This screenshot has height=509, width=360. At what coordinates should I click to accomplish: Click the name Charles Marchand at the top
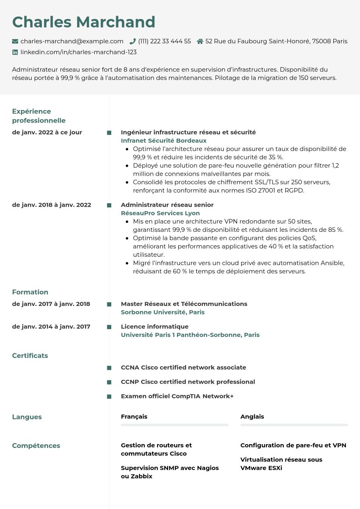click(x=83, y=22)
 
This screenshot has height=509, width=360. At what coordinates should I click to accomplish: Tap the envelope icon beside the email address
click(x=15, y=41)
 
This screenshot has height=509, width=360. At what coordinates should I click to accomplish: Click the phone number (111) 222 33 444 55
click(x=164, y=41)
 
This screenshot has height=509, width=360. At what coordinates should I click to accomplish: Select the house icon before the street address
click(x=200, y=41)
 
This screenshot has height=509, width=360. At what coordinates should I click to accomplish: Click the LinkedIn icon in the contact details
click(x=15, y=52)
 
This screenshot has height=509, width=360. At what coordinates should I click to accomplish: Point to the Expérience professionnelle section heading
click(x=39, y=116)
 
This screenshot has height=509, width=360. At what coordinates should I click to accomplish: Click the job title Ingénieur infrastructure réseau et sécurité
click(x=188, y=132)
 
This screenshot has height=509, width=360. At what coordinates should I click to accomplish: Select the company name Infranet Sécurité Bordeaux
click(x=164, y=141)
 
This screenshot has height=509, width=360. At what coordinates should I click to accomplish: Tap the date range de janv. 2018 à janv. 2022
click(x=52, y=205)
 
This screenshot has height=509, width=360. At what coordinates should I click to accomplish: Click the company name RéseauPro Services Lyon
click(x=160, y=213)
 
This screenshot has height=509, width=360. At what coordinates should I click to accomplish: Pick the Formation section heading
click(x=30, y=292)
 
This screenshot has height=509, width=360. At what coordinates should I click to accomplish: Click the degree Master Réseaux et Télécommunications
click(x=184, y=304)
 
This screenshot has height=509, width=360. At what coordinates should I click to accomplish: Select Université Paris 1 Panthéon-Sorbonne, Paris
click(x=190, y=335)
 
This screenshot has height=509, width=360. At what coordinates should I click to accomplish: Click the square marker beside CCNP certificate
click(x=109, y=382)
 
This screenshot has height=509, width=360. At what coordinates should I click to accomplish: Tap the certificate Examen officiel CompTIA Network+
click(x=177, y=396)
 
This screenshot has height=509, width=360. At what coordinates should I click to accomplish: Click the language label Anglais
click(x=252, y=417)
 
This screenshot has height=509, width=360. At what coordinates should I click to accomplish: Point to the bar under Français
click(x=175, y=425)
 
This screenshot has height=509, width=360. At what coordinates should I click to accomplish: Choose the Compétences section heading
click(x=36, y=446)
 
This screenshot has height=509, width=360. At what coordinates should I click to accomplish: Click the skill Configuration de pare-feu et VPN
click(x=293, y=445)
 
